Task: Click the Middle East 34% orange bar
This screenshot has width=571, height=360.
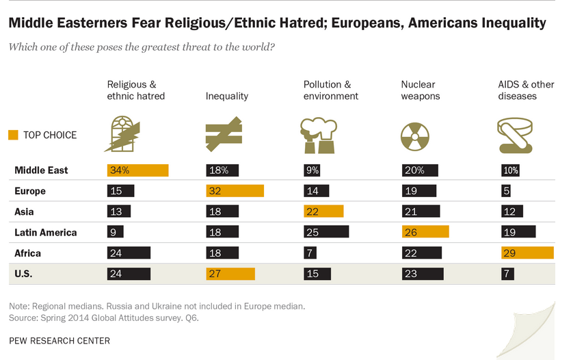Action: pos(137,170)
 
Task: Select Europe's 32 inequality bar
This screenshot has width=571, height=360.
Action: pos(235,191)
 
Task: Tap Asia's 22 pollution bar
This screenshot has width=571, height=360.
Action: pos(323,211)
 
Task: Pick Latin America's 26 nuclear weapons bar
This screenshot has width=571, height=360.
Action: pos(425,232)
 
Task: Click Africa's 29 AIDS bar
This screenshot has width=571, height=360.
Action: pos(525,253)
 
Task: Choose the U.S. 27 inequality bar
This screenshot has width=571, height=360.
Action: pos(230,274)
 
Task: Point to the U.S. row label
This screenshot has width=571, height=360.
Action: pos(25,274)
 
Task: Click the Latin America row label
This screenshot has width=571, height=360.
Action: pos(45,233)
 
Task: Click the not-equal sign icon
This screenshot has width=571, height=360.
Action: pos(224,134)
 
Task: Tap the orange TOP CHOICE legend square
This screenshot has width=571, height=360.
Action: pos(14,135)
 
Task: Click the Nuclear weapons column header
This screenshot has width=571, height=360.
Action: pos(420,90)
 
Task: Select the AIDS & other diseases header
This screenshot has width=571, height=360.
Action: pos(525,90)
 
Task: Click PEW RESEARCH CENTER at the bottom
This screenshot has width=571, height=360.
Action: pos(59,340)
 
